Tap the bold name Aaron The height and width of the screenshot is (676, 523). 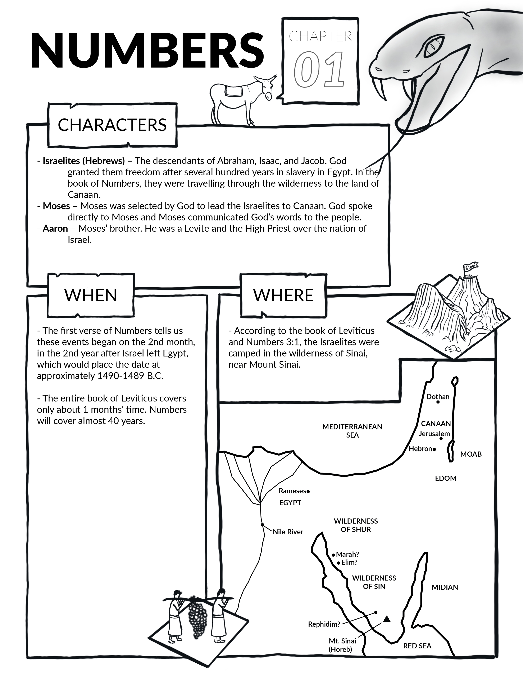coord(55,228)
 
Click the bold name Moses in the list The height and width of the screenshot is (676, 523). coord(56,206)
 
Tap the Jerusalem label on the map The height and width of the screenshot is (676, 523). coord(434,434)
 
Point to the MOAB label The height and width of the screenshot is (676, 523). coord(471,454)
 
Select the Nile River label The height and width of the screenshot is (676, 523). coord(288,532)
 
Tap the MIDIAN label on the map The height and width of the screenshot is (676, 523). coord(445,587)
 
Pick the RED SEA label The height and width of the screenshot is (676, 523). coord(417,646)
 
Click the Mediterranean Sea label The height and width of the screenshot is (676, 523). coord(352,430)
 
